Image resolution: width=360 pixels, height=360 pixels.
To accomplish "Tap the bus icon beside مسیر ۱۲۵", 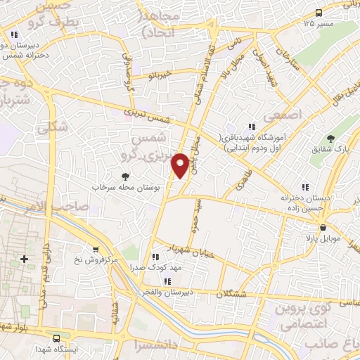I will (x=319, y=12).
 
